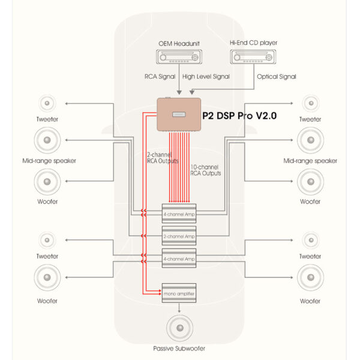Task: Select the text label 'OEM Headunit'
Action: (179, 43)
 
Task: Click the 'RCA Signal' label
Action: (159, 77)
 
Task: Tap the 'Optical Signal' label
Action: (276, 77)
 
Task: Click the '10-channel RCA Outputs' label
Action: (206, 169)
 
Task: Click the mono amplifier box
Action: (179, 293)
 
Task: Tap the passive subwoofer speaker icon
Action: (179, 328)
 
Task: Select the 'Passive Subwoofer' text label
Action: (179, 348)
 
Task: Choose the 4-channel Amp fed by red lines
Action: (179, 213)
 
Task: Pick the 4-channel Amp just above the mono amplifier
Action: (179, 258)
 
